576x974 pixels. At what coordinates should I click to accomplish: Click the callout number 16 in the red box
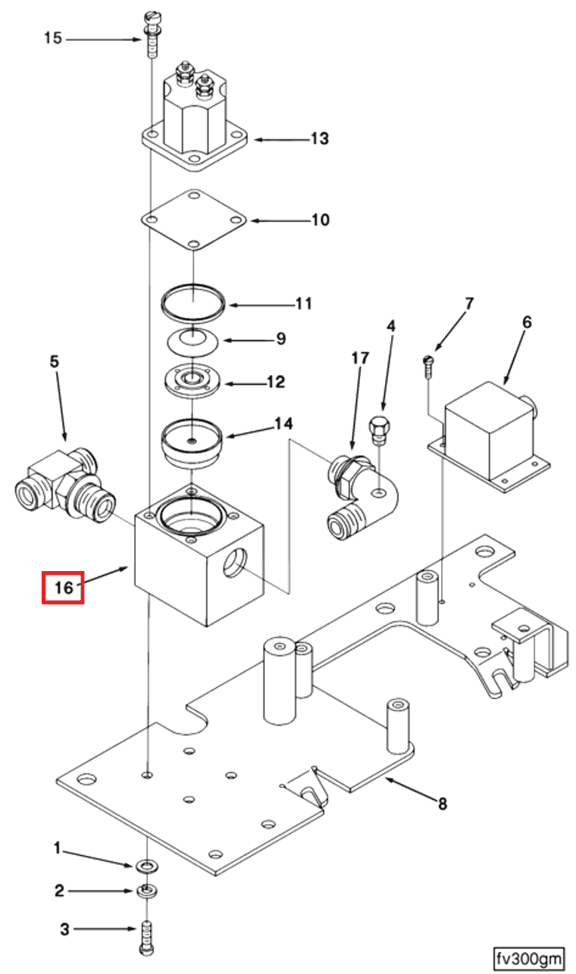coord(62,587)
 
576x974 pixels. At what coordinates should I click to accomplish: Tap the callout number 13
coord(319,139)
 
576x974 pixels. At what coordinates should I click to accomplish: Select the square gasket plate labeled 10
coord(195,220)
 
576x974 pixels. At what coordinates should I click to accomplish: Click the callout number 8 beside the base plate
coord(442,804)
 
